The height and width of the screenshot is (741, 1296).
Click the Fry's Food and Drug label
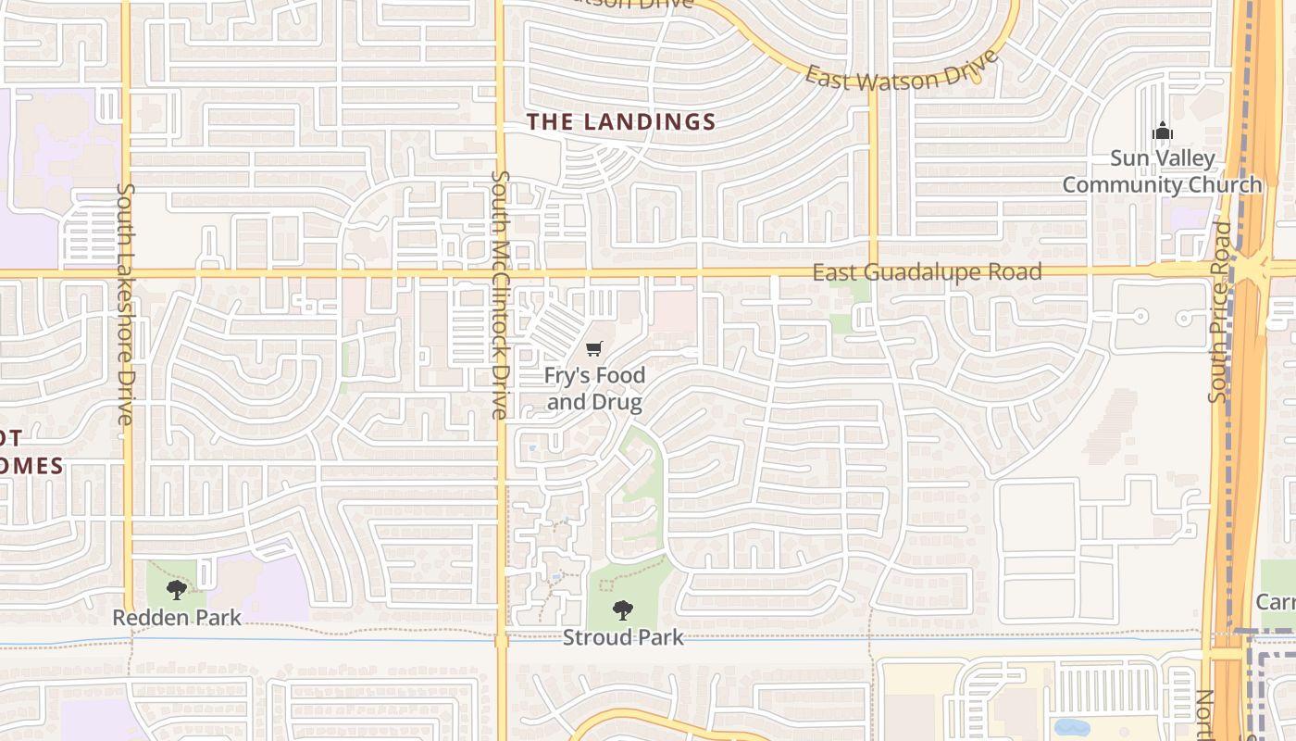(x=594, y=389)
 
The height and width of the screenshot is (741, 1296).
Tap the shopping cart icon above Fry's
(x=594, y=348)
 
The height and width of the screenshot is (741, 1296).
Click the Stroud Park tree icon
(x=623, y=609)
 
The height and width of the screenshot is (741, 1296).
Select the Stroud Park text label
(x=623, y=637)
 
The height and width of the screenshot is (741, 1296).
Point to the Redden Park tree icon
(x=177, y=589)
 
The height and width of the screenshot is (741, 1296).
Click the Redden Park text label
(x=177, y=617)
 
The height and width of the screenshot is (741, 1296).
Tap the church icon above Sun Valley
(x=1162, y=132)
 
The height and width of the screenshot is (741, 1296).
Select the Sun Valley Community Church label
(x=1162, y=171)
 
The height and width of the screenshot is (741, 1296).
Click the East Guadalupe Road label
(x=927, y=272)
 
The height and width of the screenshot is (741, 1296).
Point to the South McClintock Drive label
(x=501, y=295)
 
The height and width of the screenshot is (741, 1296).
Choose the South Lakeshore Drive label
(x=126, y=304)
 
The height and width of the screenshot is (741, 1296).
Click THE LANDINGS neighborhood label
(x=621, y=121)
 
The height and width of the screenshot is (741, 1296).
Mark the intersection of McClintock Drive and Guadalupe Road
(x=501, y=273)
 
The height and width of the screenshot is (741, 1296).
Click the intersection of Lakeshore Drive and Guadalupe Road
(x=127, y=273)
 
